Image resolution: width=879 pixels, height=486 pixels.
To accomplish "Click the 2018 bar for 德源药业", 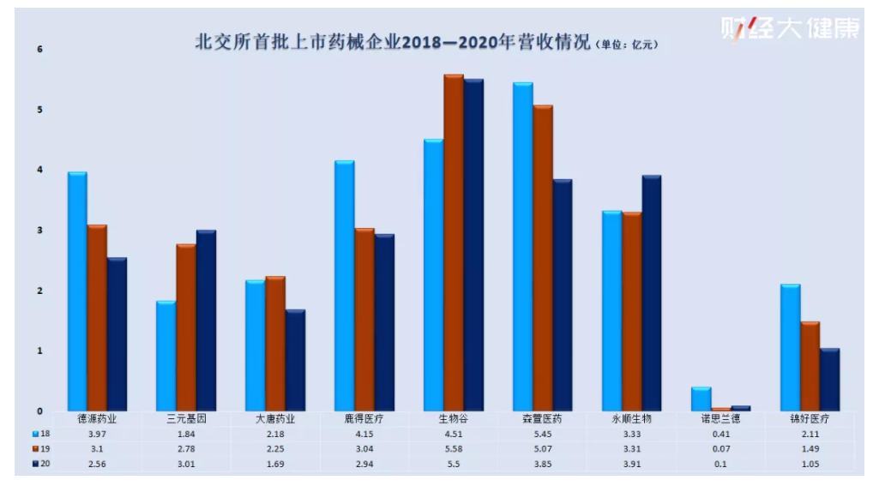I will point(77,291).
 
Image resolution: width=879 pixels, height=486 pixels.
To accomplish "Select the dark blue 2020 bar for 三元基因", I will point(206,321).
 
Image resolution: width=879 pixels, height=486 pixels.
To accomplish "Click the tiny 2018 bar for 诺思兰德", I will point(701,399).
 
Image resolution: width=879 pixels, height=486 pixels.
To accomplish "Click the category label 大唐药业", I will point(275,420).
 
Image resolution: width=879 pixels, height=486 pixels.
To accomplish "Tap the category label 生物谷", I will point(453,420).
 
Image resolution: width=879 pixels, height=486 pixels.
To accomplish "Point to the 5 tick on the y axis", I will point(39,110).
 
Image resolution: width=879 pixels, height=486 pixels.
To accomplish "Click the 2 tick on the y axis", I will point(39,291).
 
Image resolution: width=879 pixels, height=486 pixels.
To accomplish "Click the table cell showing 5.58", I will point(453,449).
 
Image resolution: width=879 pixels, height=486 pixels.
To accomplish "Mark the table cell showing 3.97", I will point(97,435).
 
